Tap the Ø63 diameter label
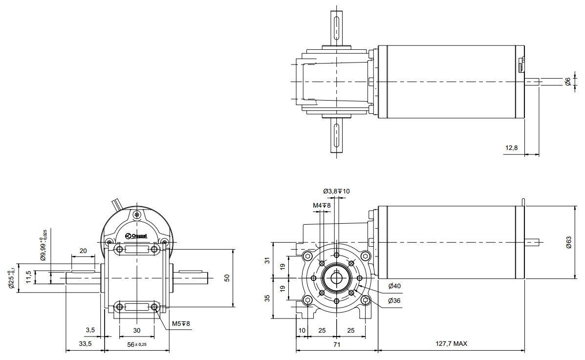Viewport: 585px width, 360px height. point(568,242)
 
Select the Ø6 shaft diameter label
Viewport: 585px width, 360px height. point(568,82)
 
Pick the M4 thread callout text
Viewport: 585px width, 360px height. point(322,206)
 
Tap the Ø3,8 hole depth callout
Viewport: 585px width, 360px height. point(336,191)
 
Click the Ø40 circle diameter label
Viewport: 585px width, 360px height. point(394,285)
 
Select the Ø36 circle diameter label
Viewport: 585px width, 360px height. point(394,300)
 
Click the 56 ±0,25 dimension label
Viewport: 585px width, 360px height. point(137,344)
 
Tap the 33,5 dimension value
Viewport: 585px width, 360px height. point(85,344)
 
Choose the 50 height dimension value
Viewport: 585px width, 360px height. point(226,277)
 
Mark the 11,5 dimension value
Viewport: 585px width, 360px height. point(29,277)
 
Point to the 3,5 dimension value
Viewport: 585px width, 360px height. point(90,330)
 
